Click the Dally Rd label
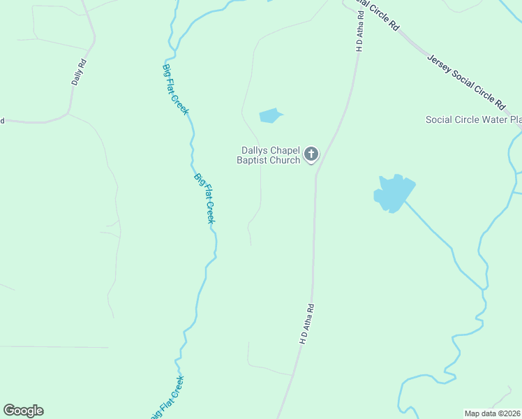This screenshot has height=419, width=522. (x=78, y=72)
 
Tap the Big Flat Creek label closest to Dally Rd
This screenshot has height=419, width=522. (x=176, y=89)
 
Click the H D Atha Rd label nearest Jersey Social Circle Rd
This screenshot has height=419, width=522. (x=360, y=34)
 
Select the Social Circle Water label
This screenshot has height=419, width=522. (x=474, y=119)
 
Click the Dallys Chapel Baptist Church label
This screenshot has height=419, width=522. (x=271, y=154)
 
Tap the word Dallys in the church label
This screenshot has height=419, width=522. (x=255, y=149)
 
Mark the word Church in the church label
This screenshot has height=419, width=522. (x=285, y=160)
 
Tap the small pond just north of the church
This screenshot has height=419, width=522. (x=270, y=115)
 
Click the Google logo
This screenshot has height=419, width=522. (x=23, y=411)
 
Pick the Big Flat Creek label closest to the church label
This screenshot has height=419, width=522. (x=205, y=198)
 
